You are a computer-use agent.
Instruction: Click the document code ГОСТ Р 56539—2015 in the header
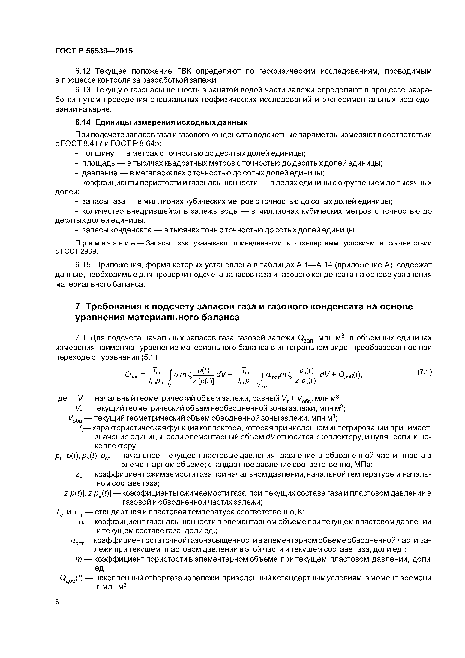click(94, 51)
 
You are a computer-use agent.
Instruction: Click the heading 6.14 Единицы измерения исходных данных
click(161, 122)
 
